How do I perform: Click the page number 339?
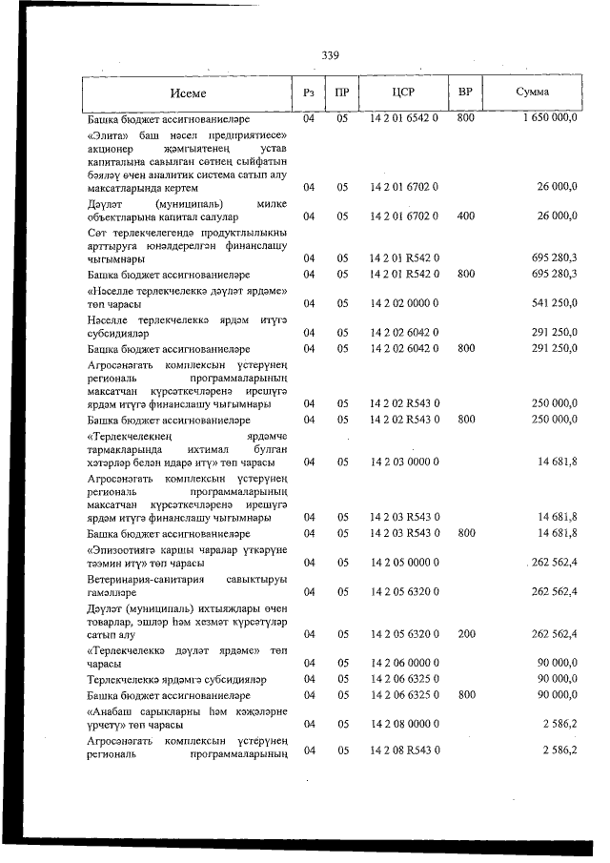331,54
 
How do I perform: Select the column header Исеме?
188,93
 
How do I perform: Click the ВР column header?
465,92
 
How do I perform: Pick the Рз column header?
308,92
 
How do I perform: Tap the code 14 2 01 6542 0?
403,119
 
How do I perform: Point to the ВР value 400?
465,216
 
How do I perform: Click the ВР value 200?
465,633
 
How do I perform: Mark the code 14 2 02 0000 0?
403,303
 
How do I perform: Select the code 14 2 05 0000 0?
403,563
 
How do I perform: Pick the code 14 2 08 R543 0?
403,750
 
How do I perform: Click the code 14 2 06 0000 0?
403,663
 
